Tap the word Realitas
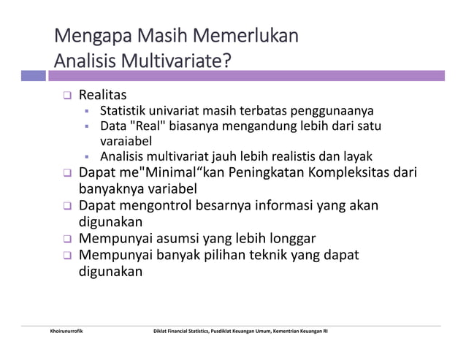click(102, 95)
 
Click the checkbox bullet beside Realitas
click(66, 96)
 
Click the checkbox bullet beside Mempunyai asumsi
click(66, 239)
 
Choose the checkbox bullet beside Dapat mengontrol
click(66, 207)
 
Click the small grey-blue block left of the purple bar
click(34, 75)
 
